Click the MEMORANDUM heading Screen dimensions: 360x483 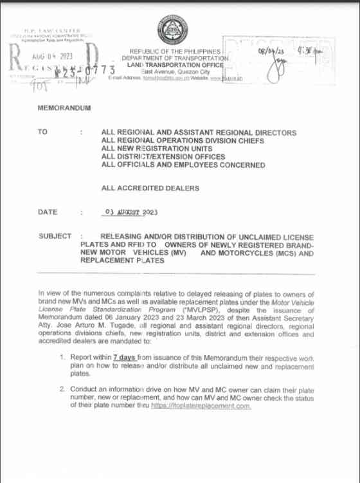pyautogui.click(x=64, y=108)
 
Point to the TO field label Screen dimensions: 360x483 pyautogui.click(x=43, y=132)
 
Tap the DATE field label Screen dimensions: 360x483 pyautogui.click(x=48, y=212)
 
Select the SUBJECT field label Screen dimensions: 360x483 pyautogui.click(x=55, y=236)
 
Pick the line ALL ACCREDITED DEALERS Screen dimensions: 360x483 pyautogui.click(x=150, y=188)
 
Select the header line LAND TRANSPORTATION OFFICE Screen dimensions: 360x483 pyautogui.click(x=177, y=65)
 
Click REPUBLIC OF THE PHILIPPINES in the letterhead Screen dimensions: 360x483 pyautogui.click(x=175, y=51)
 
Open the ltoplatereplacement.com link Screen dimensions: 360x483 pyautogui.click(x=201, y=406)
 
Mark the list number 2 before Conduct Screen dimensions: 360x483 pyautogui.click(x=62, y=390)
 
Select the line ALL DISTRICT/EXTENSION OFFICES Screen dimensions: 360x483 pyautogui.click(x=163, y=157)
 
